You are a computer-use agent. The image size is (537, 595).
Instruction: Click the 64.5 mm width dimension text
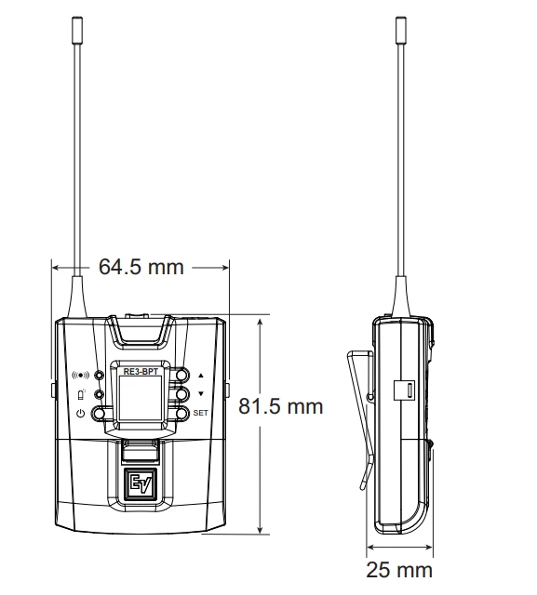[x=141, y=267]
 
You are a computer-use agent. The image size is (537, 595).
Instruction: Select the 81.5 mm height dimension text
[x=281, y=406]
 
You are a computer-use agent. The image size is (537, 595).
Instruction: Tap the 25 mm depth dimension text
[x=400, y=568]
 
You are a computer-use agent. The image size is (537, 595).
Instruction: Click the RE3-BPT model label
[x=141, y=372]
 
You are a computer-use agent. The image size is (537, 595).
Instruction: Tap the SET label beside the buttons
[x=200, y=411]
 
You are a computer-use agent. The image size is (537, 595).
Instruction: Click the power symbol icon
[x=81, y=412]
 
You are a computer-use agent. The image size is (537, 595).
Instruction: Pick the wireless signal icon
[x=81, y=377]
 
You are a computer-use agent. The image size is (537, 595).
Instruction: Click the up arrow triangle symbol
[x=200, y=377]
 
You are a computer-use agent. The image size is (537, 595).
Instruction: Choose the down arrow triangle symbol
[x=200, y=394]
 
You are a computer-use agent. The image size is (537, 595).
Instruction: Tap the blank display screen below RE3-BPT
[x=141, y=401]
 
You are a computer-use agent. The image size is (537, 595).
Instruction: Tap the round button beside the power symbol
[x=100, y=412]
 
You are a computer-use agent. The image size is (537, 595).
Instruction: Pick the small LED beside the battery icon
[x=99, y=395]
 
